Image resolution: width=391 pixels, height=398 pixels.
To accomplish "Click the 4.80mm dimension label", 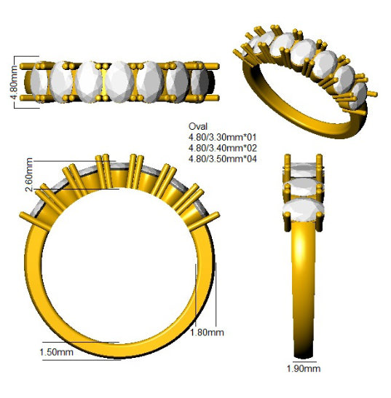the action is [15, 82].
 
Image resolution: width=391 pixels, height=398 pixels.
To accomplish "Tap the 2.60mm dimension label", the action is [29, 175].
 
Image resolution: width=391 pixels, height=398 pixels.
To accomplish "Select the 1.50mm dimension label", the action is [56, 352].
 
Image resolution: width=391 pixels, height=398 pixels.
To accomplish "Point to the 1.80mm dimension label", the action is [207, 332].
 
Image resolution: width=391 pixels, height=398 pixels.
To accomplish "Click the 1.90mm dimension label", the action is [304, 368].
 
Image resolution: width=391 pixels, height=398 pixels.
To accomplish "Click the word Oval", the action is [198, 126].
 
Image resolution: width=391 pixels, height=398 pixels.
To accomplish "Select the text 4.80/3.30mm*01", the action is [222, 137].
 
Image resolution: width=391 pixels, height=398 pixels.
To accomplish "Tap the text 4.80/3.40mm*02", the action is [222, 148].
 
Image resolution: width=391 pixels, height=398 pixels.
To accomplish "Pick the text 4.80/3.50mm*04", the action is [222, 159].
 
